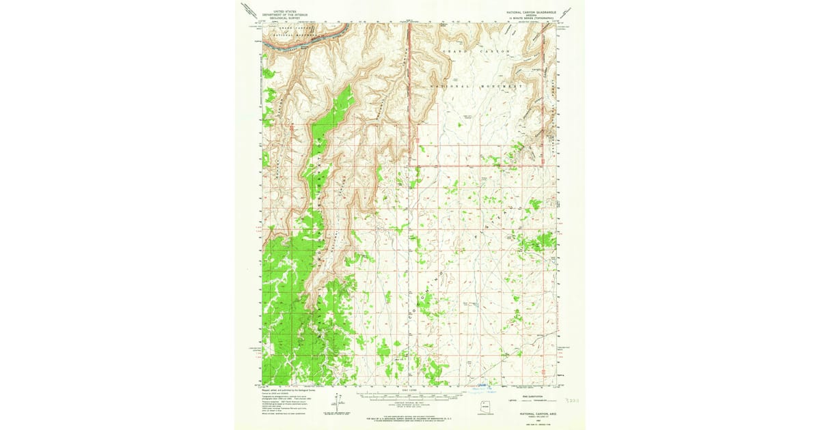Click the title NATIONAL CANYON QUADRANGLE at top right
(x=532, y=12)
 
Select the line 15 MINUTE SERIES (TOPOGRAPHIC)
(x=532, y=18)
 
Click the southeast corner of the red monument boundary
(x=543, y=164)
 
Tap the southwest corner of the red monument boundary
(x=409, y=164)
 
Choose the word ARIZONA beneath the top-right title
(x=532, y=15)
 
